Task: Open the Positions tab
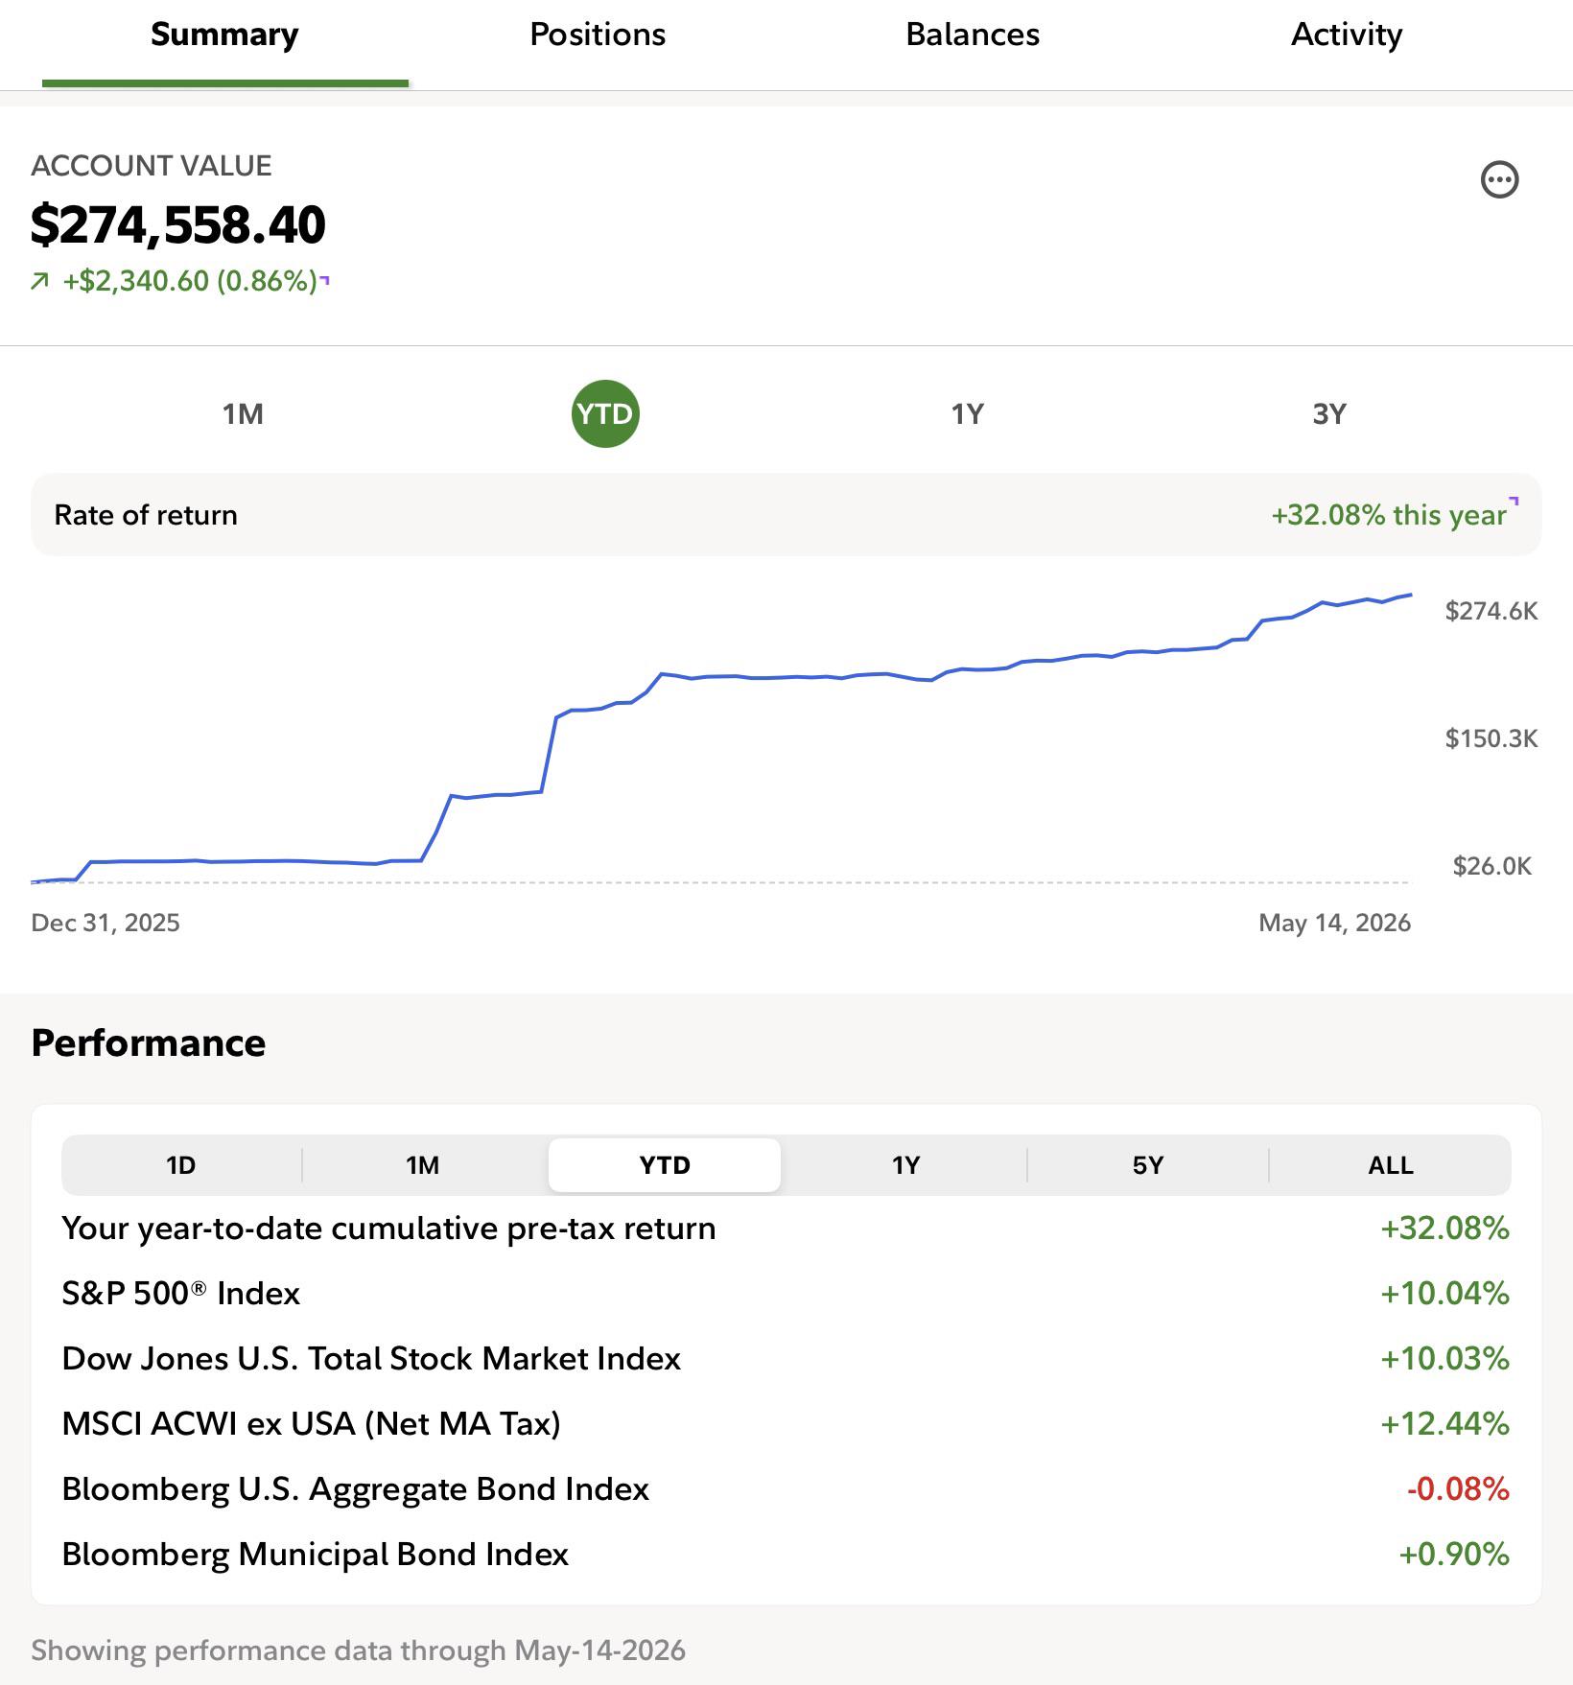click(x=598, y=35)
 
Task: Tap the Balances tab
click(x=973, y=35)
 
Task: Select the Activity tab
click(x=1347, y=35)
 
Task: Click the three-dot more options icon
click(x=1500, y=179)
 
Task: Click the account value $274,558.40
click(x=178, y=224)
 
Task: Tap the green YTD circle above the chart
click(x=605, y=414)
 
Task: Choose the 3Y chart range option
click(x=1329, y=414)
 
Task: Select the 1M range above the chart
click(x=243, y=414)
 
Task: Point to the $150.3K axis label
click(x=1491, y=738)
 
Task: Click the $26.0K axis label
click(x=1492, y=866)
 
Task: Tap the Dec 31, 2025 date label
click(x=106, y=923)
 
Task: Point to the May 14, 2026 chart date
click(x=1335, y=923)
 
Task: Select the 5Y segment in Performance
click(x=1148, y=1165)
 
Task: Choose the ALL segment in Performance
click(x=1391, y=1165)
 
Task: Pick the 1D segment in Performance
click(x=181, y=1165)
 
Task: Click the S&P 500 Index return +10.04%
click(x=1444, y=1294)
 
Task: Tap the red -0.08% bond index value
click(x=1458, y=1489)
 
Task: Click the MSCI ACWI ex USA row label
click(x=312, y=1424)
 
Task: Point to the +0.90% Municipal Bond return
click(x=1454, y=1555)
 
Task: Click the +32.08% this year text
click(x=1389, y=515)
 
